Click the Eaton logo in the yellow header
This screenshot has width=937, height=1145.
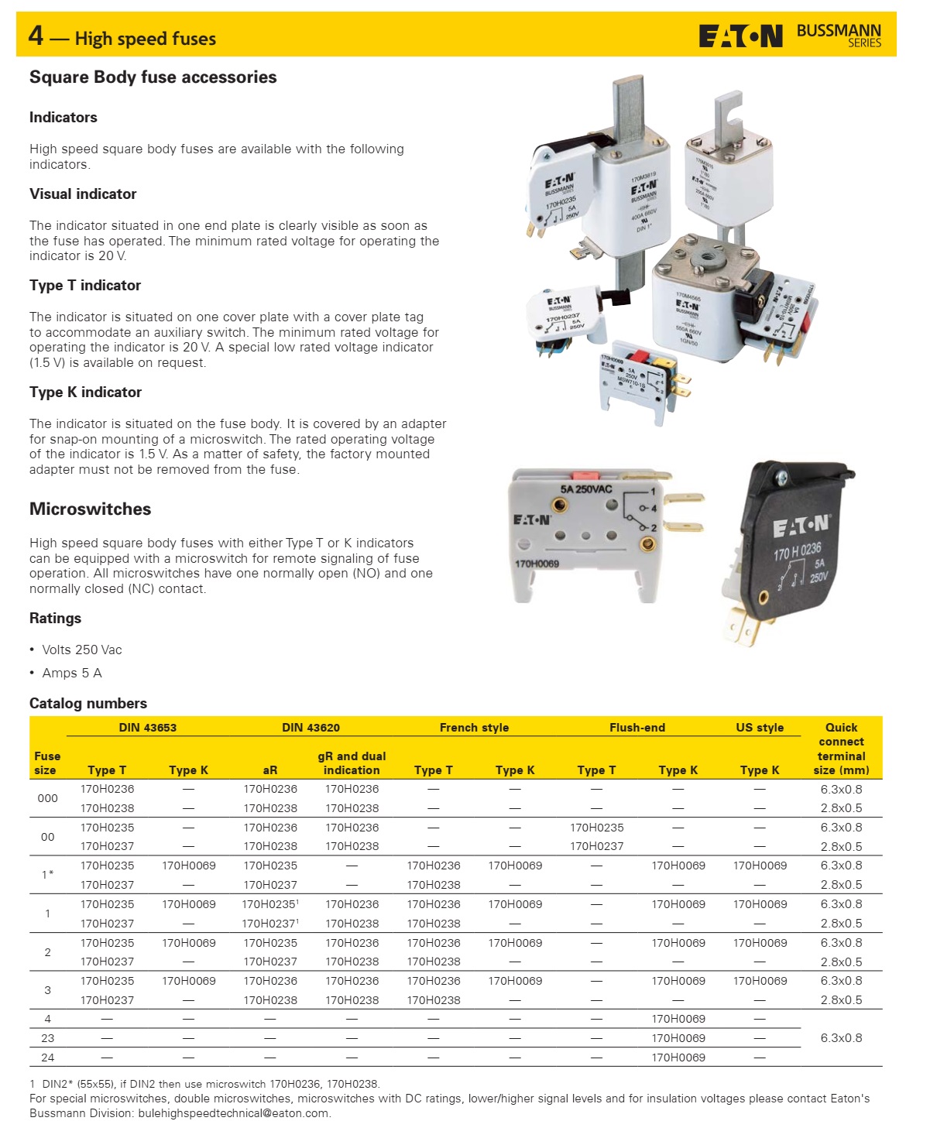pos(740,36)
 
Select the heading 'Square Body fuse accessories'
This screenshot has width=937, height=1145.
pos(153,77)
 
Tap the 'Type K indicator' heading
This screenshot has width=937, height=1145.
pos(85,393)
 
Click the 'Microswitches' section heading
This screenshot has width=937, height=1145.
pos(90,509)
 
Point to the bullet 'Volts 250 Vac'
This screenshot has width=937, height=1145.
pos(81,650)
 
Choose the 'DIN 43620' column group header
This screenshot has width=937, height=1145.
pos(311,728)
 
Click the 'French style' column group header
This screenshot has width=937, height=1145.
pos(474,728)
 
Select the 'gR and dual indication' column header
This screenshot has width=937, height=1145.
pos(352,763)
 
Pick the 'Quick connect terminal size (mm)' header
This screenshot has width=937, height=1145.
pos(841,749)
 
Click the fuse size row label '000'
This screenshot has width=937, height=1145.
pos(47,798)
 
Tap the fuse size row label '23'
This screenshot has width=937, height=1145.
pos(47,1038)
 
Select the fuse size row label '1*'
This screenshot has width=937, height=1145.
pos(47,875)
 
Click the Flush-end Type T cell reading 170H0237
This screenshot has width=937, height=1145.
pos(596,846)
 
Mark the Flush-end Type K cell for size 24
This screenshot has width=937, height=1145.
pos(678,1058)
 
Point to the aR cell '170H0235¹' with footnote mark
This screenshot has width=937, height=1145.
pos(270,904)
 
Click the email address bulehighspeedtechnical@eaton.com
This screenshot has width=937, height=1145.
pos(233,1113)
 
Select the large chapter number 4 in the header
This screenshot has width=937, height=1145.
pos(36,36)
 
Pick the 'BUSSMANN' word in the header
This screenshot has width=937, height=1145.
pos(839,31)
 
